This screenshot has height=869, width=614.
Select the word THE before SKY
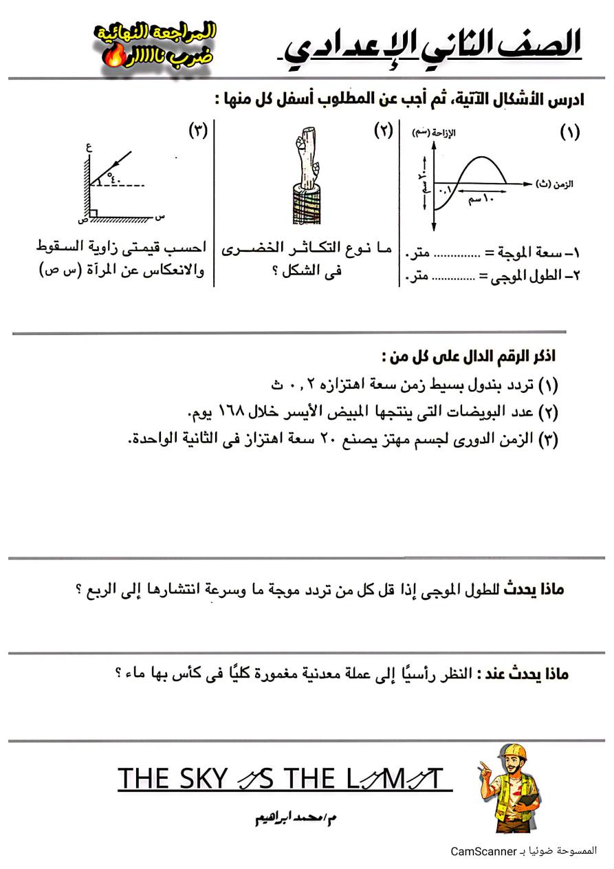[143, 779]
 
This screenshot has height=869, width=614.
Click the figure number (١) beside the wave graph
[569, 132]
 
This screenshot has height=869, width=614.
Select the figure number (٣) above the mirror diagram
[198, 131]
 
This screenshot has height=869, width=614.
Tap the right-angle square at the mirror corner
[93, 213]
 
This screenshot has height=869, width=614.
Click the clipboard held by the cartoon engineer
[525, 802]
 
